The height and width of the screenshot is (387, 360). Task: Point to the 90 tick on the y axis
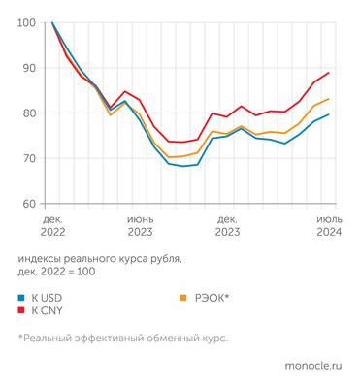28,68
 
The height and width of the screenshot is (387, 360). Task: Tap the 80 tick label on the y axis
28,113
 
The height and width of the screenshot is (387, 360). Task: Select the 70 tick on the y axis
28,158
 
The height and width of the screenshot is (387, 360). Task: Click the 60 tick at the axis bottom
28,204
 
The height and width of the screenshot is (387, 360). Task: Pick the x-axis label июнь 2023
140,226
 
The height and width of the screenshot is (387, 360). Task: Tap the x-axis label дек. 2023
228,226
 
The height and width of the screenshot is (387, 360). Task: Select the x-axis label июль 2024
328,226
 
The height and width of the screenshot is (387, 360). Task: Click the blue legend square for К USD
21,296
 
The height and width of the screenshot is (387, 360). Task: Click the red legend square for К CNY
21,310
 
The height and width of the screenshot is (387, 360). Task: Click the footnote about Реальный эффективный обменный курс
122,338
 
